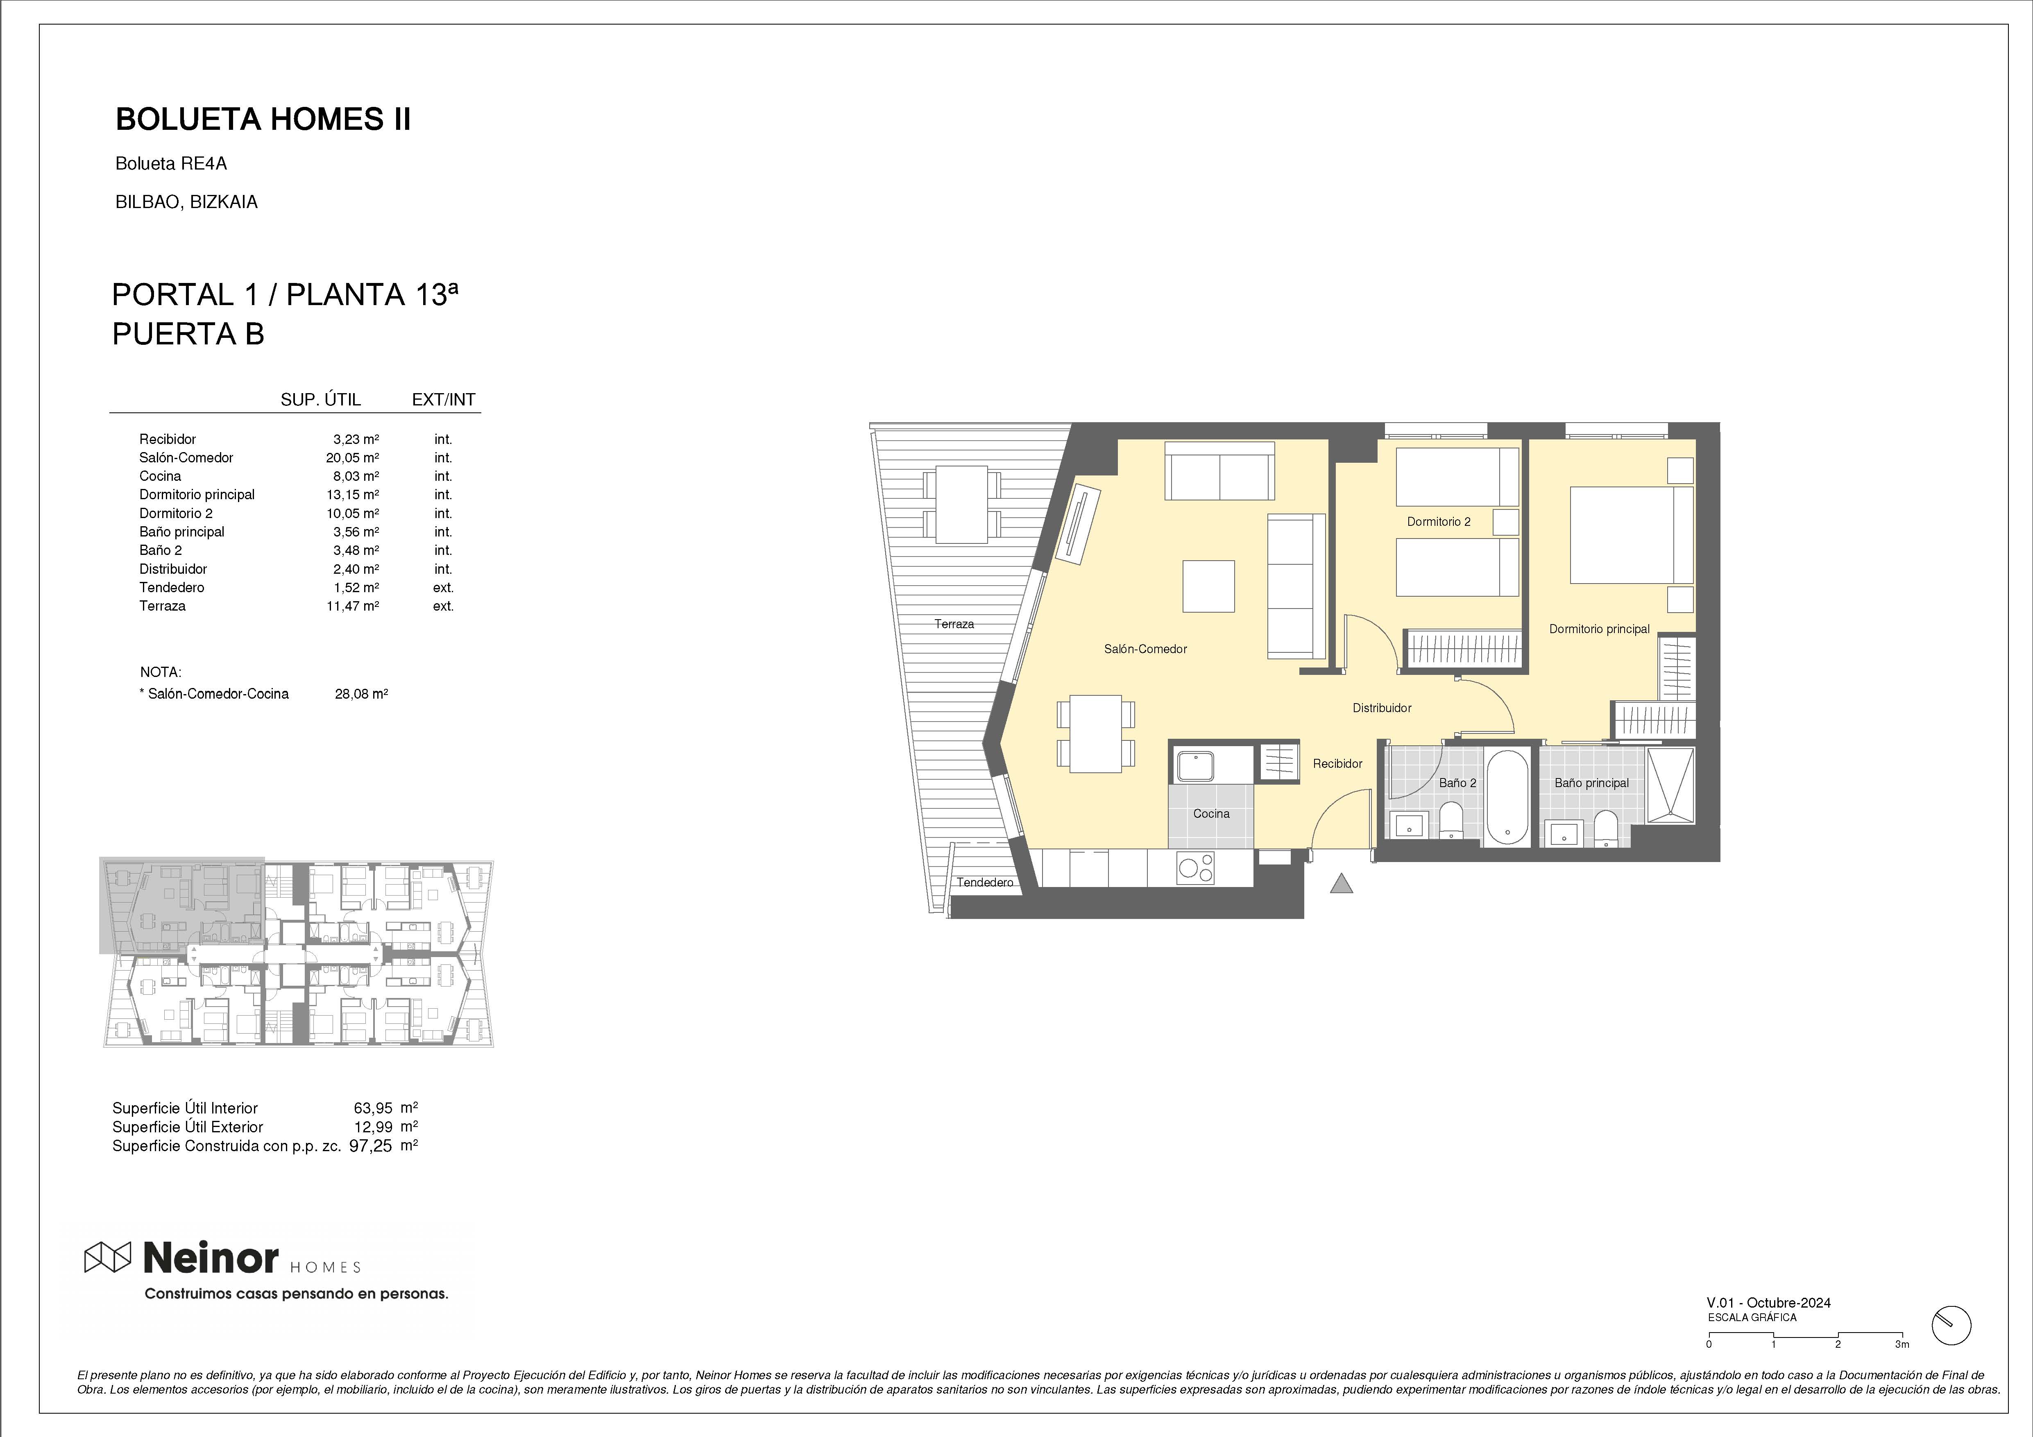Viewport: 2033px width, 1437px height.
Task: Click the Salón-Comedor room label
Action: pos(1145,649)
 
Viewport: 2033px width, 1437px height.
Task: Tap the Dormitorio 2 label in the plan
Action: pos(1439,521)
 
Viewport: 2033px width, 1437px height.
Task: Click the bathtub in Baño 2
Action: pos(1506,797)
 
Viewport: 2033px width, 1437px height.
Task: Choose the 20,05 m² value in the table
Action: pos(352,458)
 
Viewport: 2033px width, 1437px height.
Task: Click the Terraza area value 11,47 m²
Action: pos(352,606)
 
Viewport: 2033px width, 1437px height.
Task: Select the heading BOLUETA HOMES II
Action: pos(263,120)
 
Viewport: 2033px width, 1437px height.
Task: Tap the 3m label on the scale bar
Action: pos(1902,1369)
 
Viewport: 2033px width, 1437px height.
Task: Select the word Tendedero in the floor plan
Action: pos(985,883)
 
